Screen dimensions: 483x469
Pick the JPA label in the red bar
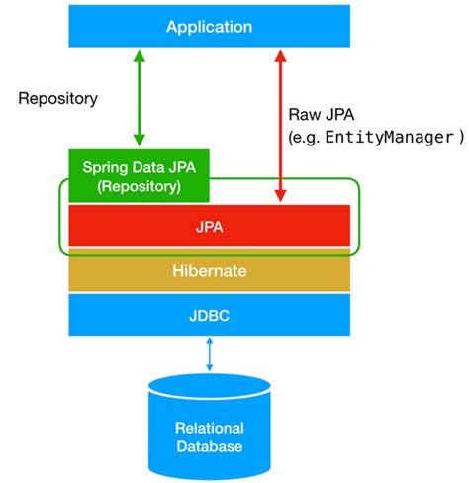210,226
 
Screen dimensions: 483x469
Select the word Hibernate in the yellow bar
210,270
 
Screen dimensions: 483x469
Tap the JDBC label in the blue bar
210,315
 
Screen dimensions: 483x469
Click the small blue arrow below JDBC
210,353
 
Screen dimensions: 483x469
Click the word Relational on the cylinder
210,428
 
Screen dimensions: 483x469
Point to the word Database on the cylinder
210,447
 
